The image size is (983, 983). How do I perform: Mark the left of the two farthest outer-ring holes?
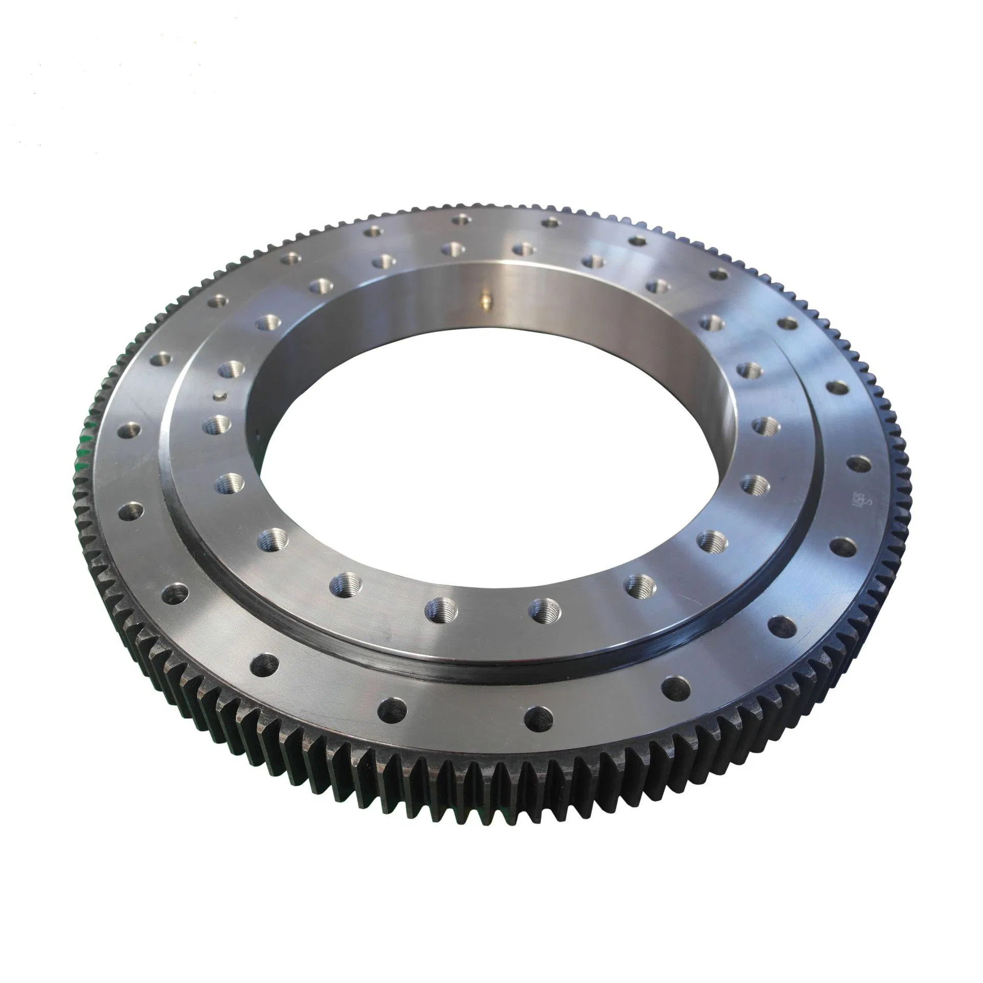462,221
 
